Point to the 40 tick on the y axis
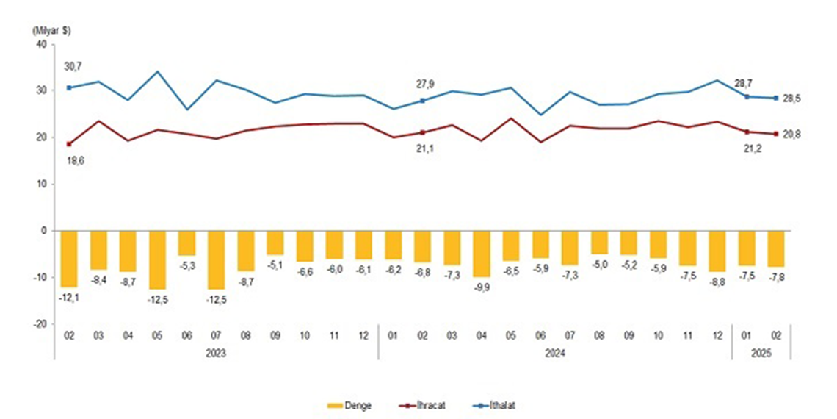(40, 44)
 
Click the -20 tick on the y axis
(38, 323)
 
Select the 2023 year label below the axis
(216, 353)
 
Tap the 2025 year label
(761, 353)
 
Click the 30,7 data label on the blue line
(70, 67)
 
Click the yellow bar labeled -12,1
(70, 259)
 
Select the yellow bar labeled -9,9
(482, 254)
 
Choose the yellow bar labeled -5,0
(600, 243)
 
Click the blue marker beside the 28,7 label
(747, 96)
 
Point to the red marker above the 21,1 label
(422, 132)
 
